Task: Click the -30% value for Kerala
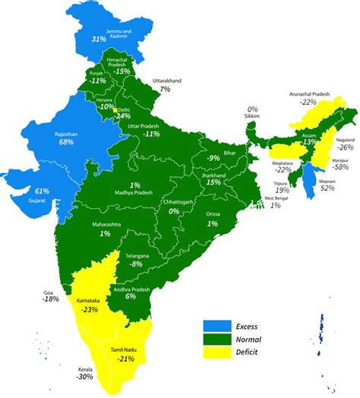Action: coord(84,376)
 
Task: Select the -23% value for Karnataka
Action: coord(90,309)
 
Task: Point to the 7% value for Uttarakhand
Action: coord(165,89)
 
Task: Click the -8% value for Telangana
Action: coord(156,264)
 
